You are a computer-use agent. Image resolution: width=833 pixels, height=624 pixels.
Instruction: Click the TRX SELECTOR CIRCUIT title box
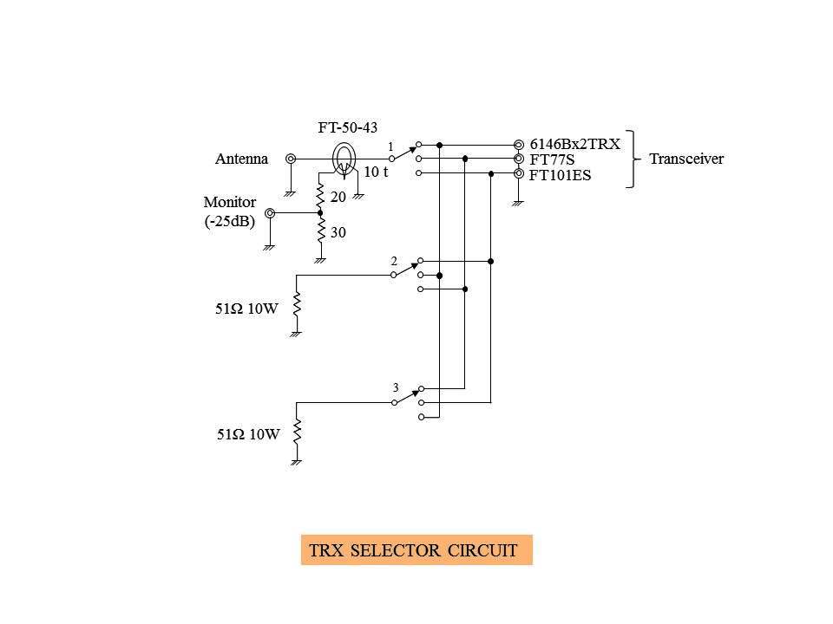416,550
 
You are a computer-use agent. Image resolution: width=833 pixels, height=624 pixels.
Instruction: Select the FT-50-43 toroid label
347,127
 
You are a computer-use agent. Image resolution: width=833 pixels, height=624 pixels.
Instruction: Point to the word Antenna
241,159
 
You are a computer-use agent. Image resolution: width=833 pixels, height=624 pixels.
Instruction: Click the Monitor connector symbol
271,213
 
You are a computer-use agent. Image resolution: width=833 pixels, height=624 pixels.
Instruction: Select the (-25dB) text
229,222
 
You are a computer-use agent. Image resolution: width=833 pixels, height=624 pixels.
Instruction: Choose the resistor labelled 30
320,232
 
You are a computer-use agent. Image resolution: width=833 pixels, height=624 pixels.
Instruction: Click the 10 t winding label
375,172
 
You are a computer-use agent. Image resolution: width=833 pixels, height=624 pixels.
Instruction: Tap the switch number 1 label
390,146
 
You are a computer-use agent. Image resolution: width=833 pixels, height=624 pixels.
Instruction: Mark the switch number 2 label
393,261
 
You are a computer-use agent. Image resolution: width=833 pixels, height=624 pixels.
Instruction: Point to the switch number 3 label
395,387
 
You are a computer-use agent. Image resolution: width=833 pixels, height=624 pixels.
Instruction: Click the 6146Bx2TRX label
574,145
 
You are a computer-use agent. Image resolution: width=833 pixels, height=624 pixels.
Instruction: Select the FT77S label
552,159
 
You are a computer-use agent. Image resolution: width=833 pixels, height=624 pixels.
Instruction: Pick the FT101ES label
560,174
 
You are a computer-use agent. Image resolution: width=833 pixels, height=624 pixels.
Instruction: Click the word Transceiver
685,159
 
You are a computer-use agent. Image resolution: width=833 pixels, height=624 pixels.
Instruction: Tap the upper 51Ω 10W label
246,308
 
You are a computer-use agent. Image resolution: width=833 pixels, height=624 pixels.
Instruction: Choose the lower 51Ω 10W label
248,435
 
